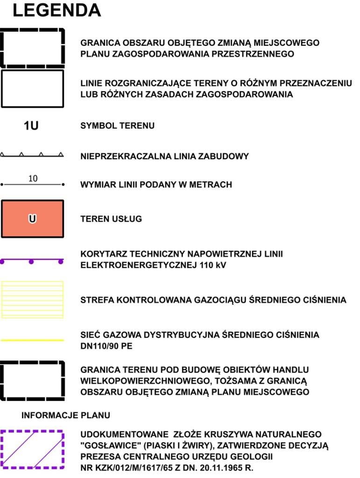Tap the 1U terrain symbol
[x=31, y=126]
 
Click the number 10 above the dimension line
[x=33, y=178]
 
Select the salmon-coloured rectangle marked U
[x=32, y=219]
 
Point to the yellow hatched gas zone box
[x=32, y=299]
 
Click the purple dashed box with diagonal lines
[x=32, y=449]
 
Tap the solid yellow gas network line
[x=32, y=340]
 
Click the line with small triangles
[x=32, y=155]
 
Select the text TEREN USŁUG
[x=111, y=219]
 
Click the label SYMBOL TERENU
[x=117, y=126]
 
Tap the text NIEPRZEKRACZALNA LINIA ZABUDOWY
[x=165, y=156]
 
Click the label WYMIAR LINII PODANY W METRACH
[x=156, y=185]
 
